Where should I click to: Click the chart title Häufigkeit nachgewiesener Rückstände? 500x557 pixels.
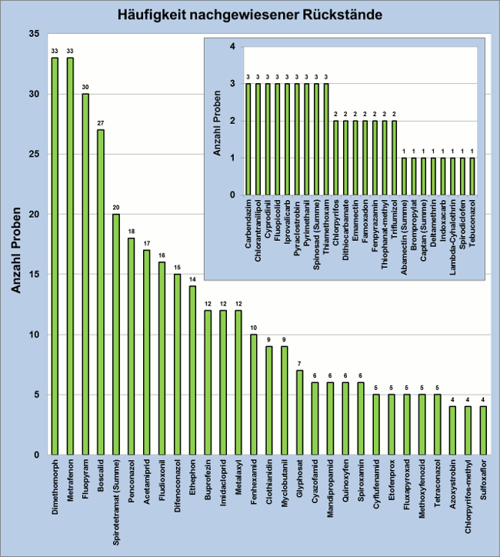pos(249,14)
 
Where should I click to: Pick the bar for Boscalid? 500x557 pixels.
pos(101,292)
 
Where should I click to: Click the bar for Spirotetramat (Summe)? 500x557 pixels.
pos(116,334)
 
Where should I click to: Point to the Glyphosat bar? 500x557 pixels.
pos(299,412)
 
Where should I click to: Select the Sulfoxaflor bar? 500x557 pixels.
pos(483,430)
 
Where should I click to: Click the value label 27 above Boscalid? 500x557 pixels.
pos(101,122)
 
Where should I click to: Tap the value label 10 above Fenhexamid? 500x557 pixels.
pos(253,327)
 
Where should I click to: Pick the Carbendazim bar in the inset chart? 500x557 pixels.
pos(248,138)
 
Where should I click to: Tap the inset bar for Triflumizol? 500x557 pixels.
pos(395,158)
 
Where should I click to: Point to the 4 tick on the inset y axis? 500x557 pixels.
pos(232,47)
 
